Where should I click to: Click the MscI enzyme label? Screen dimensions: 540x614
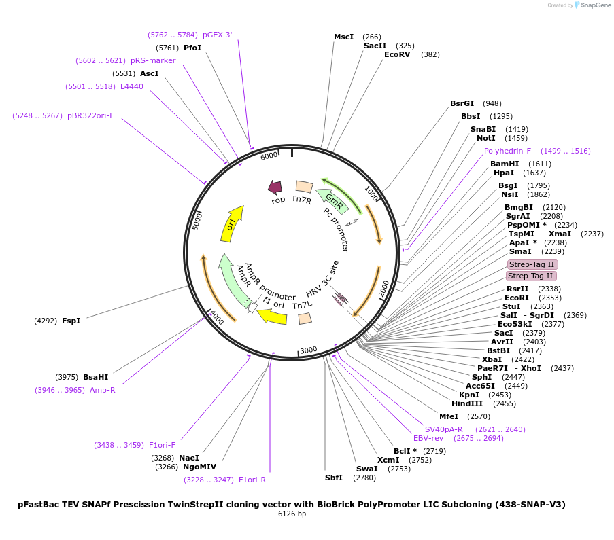343,37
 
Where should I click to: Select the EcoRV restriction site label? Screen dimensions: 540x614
397,54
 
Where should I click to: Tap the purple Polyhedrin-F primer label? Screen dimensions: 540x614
507,151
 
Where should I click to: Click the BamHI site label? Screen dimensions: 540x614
505,164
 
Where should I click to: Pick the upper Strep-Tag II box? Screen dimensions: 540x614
532,264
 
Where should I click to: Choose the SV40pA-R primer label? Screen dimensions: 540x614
443,429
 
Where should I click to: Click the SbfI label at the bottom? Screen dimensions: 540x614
334,478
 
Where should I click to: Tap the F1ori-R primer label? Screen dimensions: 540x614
252,480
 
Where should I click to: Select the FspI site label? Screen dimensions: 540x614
71,321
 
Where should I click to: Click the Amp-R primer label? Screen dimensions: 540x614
103,390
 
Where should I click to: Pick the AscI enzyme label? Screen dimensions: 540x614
150,73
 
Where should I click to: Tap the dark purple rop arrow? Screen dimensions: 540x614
275,187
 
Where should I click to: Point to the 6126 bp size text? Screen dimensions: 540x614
292,514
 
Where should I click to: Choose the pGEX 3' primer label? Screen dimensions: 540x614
218,35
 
